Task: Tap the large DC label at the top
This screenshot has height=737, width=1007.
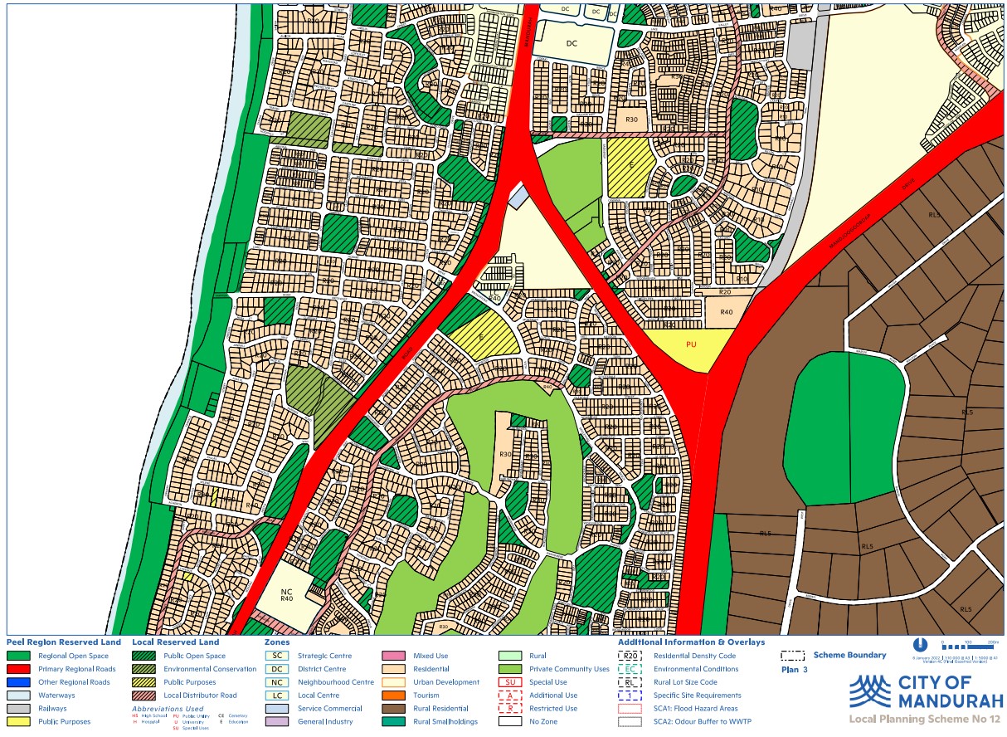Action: (571, 43)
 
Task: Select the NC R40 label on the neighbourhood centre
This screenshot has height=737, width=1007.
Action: (287, 593)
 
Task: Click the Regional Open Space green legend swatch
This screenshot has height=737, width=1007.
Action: (18, 656)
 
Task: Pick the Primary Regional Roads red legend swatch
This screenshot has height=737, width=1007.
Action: (18, 669)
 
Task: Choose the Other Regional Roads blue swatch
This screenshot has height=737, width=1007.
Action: (18, 682)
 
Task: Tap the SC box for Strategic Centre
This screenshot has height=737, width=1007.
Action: (277, 656)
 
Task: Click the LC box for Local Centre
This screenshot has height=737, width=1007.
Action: (277, 696)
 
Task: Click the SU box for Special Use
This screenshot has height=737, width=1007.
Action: (513, 682)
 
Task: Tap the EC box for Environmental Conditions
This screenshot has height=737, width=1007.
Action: (631, 669)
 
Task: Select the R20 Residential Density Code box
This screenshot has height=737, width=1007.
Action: (631, 656)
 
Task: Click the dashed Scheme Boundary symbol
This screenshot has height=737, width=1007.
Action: (792, 655)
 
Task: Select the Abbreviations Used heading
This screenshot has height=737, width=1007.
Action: (168, 709)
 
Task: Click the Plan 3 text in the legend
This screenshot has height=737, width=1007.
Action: (794, 669)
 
